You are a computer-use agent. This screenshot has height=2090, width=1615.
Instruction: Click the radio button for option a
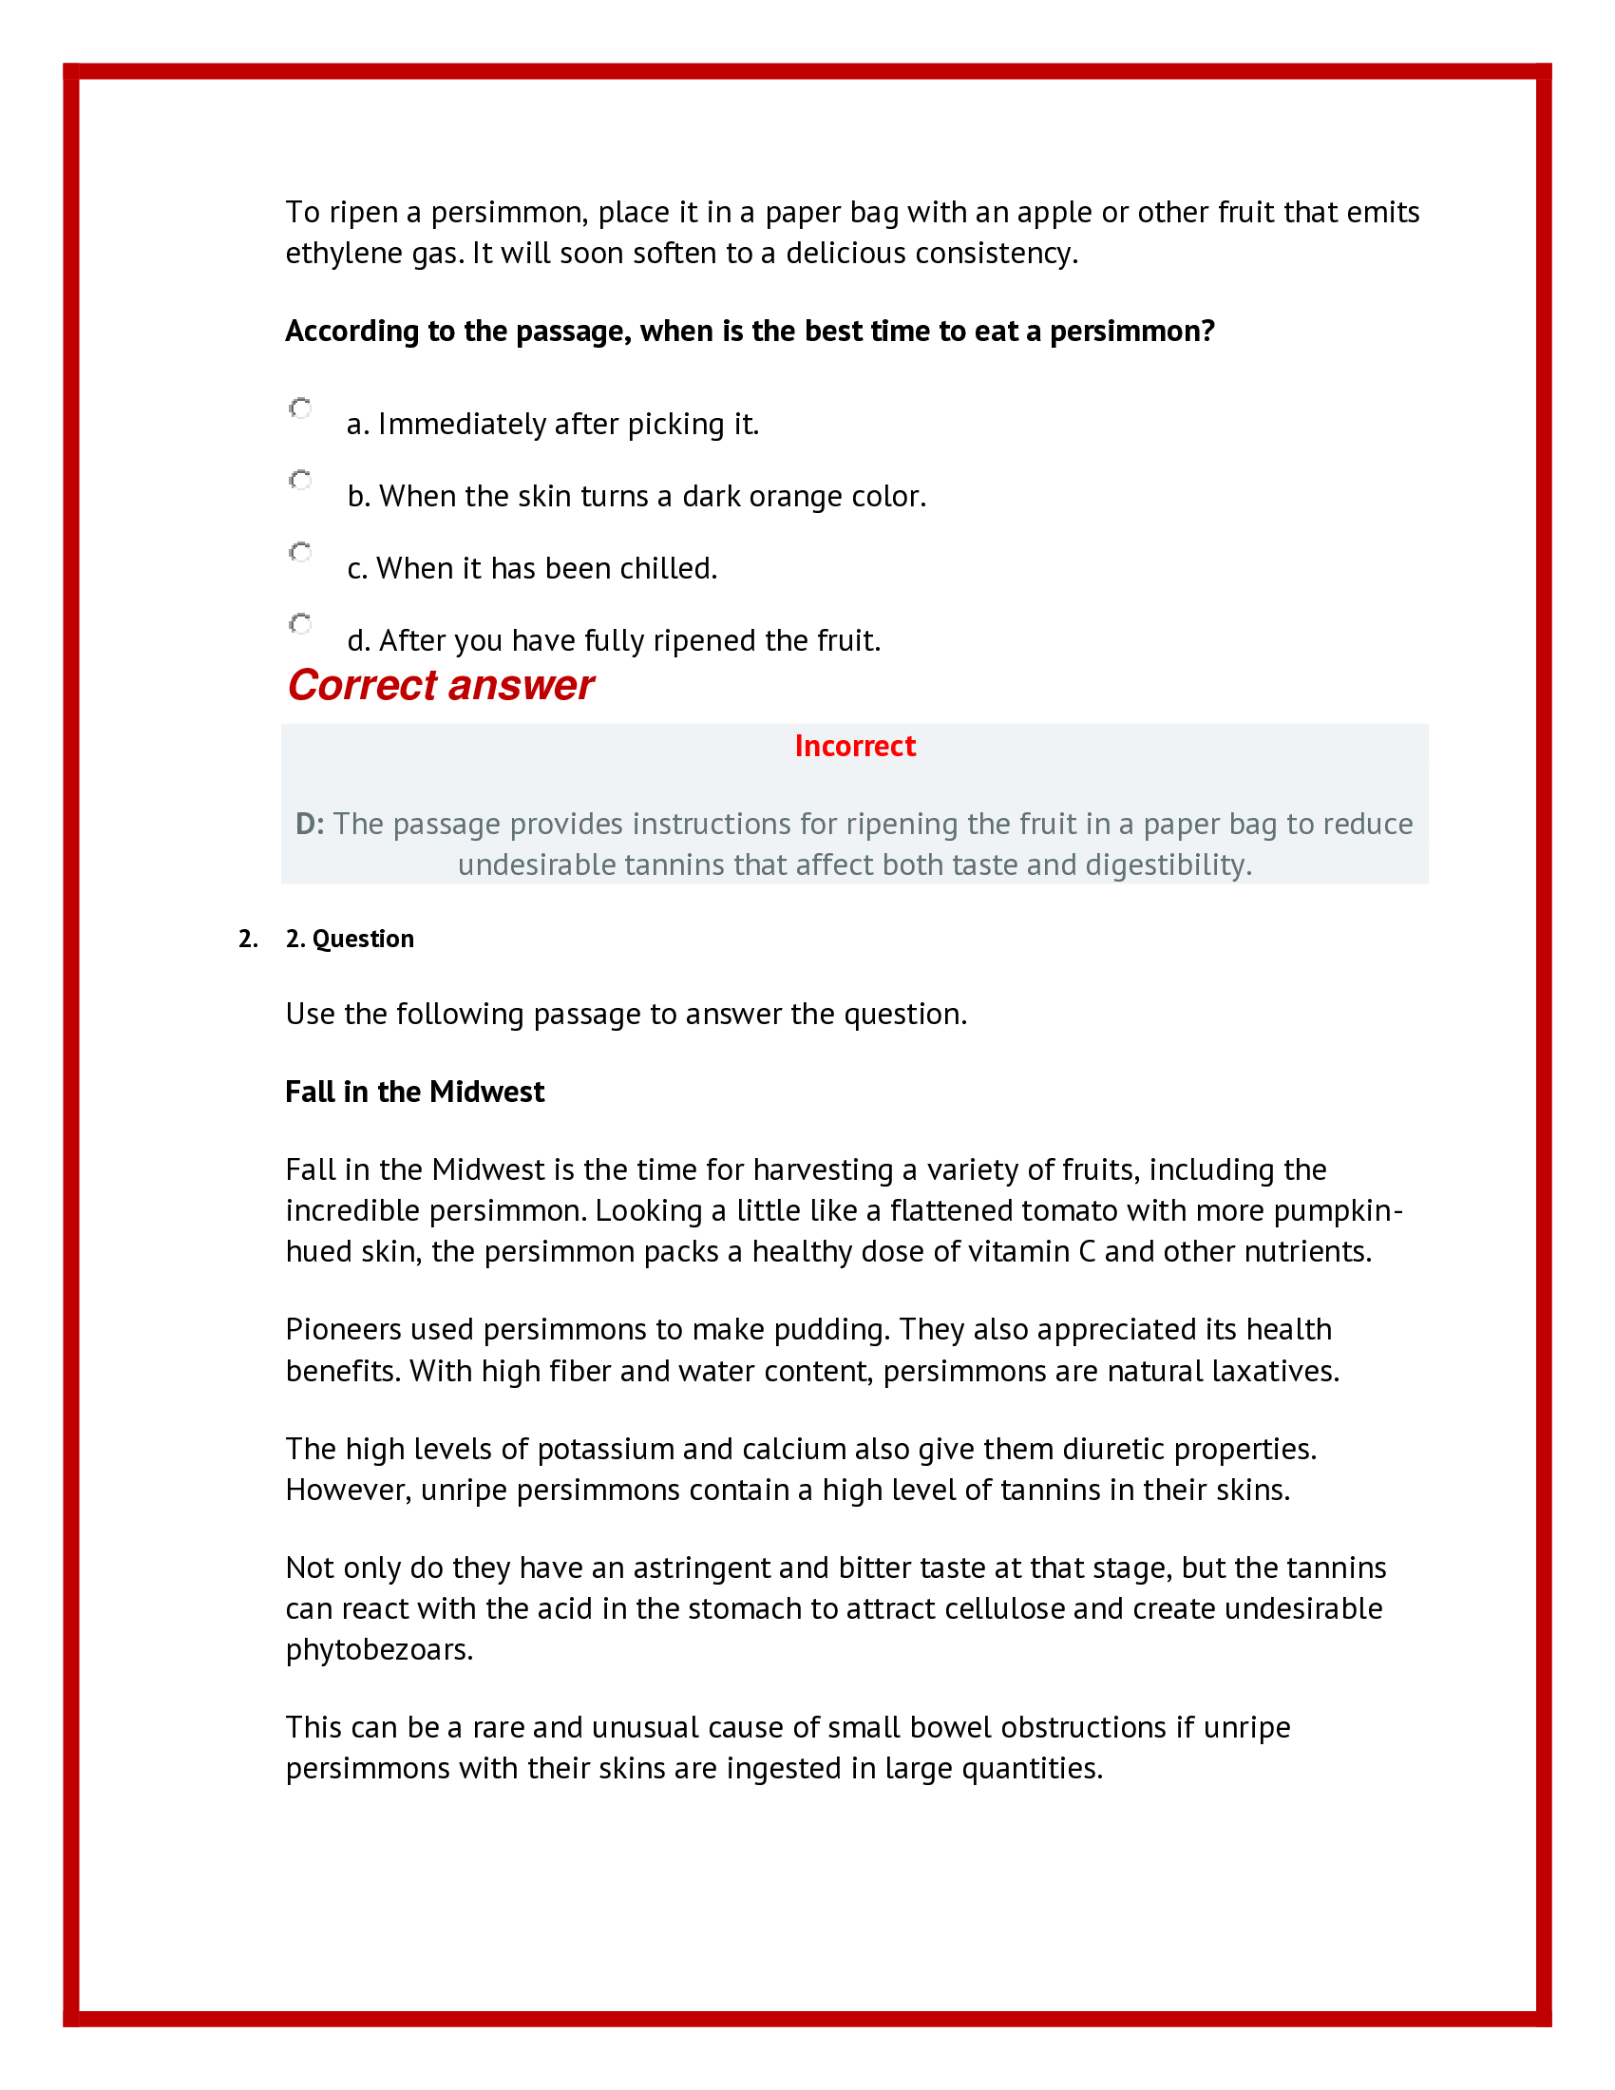coord(300,408)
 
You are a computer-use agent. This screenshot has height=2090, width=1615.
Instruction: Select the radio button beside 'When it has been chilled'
coord(300,552)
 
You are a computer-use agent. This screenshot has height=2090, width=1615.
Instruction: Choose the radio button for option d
coord(300,624)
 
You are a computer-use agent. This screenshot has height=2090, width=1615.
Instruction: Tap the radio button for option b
coord(300,480)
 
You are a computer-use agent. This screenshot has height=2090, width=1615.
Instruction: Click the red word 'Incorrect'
coord(854,747)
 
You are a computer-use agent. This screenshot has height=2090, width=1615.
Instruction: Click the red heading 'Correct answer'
coord(440,686)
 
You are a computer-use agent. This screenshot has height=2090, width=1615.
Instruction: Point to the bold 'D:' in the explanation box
coord(310,824)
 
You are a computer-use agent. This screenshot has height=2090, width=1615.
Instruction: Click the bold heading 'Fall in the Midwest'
coord(414,1092)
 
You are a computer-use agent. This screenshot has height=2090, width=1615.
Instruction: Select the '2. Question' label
coord(350,939)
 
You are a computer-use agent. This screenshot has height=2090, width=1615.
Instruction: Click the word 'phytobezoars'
coord(378,1650)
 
